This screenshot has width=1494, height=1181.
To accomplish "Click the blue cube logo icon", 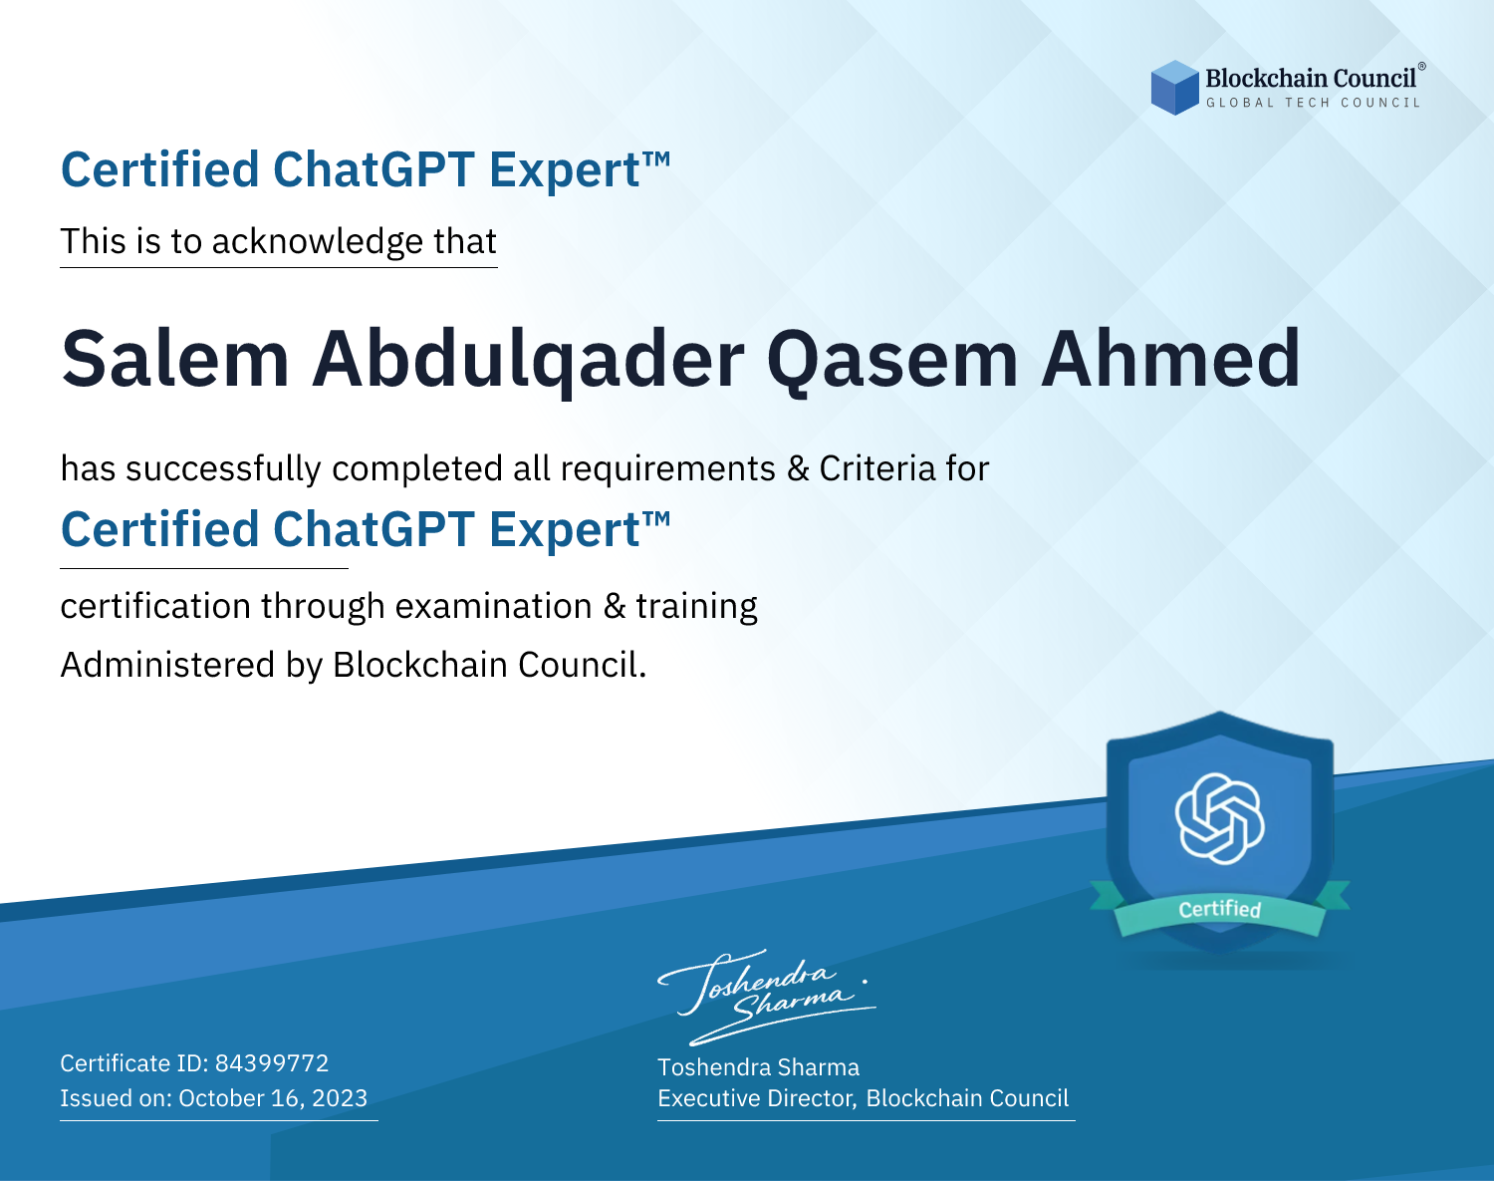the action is pyautogui.click(x=1174, y=88).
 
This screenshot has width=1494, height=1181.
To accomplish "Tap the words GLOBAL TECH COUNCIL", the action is pyautogui.click(x=1313, y=103).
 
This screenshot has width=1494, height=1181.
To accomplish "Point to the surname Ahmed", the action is pyautogui.click(x=1170, y=359).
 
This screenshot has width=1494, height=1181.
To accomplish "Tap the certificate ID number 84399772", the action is pyautogui.click(x=272, y=1063).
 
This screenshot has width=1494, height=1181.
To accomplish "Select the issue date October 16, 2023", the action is pyautogui.click(x=273, y=1098).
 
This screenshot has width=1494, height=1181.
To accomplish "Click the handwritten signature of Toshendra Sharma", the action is pyautogui.click(x=766, y=997).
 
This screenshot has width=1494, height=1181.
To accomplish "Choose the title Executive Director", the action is pyautogui.click(x=757, y=1098).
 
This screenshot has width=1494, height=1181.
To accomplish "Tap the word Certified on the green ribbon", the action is pyautogui.click(x=1220, y=909).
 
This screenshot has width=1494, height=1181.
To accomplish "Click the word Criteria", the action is pyautogui.click(x=877, y=468).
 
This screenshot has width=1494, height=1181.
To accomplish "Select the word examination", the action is pyautogui.click(x=494, y=606).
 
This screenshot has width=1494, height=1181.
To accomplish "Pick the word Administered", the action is pyautogui.click(x=167, y=665).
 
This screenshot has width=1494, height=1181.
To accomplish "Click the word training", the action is pyautogui.click(x=697, y=607).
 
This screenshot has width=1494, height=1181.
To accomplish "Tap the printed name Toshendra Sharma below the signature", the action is pyautogui.click(x=758, y=1067).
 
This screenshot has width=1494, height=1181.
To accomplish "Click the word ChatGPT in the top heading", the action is pyautogui.click(x=374, y=169).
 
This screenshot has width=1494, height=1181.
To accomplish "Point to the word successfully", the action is pyautogui.click(x=224, y=469).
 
